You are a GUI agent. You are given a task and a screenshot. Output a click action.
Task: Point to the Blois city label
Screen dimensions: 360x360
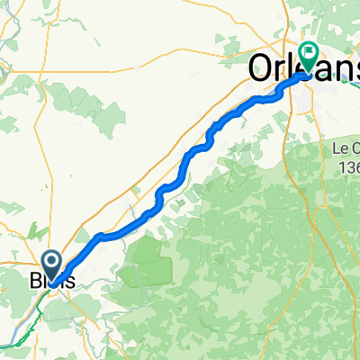(51, 280)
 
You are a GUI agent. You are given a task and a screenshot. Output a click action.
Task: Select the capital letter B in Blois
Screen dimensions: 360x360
(37, 280)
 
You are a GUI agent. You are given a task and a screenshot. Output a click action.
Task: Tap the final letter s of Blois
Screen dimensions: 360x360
(69, 280)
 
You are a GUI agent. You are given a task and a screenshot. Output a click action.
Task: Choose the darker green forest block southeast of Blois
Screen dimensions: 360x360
(144, 265)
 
